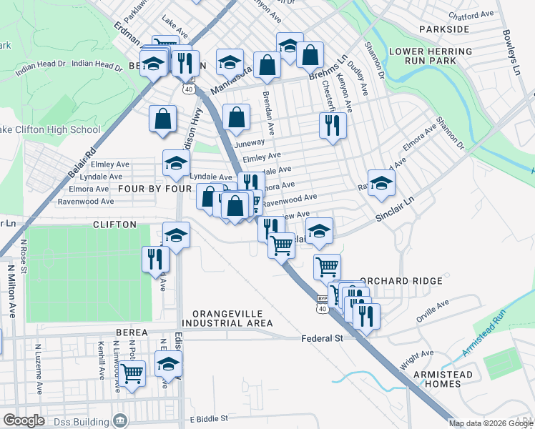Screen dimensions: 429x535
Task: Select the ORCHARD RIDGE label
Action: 401,281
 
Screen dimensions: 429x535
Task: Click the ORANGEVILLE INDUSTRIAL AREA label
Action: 227,319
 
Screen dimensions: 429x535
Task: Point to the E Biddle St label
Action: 207,418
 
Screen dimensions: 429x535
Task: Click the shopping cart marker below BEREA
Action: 132,373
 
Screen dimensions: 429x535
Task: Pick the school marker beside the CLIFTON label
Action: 176,234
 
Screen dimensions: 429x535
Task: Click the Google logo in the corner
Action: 24,420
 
